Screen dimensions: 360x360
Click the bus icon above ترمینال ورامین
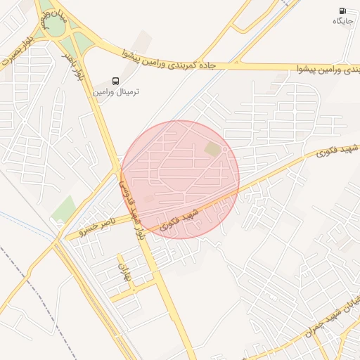[117, 81]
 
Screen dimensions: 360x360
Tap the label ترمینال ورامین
[117, 92]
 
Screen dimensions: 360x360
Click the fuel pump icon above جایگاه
[342, 11]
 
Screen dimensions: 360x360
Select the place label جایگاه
[342, 22]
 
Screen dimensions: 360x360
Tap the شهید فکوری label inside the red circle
[179, 219]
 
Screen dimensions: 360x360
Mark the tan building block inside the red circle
[212, 149]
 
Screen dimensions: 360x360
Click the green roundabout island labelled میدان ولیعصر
[53, 25]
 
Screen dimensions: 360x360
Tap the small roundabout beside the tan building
[224, 149]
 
